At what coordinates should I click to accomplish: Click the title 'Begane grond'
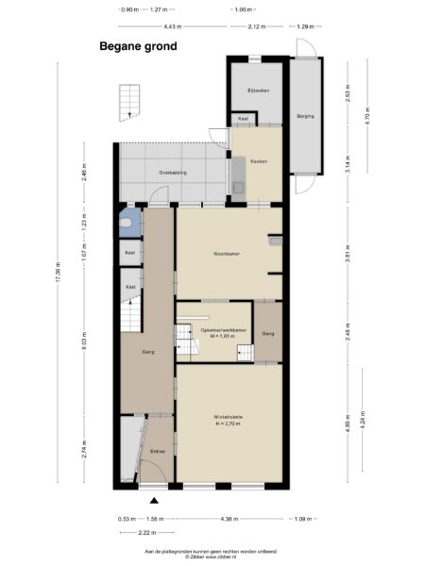coord(138,44)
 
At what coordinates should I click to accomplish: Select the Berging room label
coord(305,115)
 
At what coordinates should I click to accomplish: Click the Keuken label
coord(258,161)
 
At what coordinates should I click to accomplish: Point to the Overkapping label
coord(174,173)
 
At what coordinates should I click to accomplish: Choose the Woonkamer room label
coord(229,253)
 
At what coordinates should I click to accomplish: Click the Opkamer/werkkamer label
coord(224,329)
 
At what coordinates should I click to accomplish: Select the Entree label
coord(158,452)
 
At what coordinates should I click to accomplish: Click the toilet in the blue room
coord(127,225)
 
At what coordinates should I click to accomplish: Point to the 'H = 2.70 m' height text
coord(229,424)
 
